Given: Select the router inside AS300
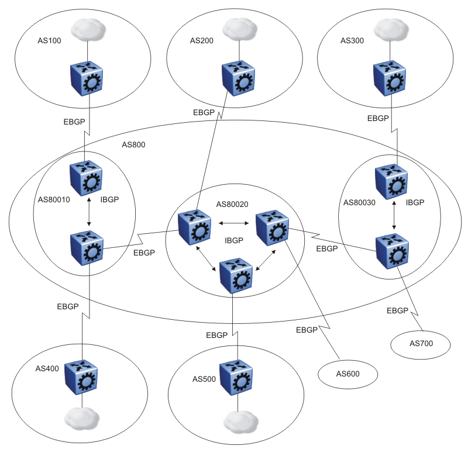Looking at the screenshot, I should click(x=390, y=78).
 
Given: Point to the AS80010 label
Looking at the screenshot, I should click(x=54, y=199).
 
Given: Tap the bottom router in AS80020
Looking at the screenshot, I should click(x=236, y=275).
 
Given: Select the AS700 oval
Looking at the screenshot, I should click(x=420, y=343).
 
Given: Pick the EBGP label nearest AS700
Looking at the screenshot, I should click(x=398, y=310).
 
